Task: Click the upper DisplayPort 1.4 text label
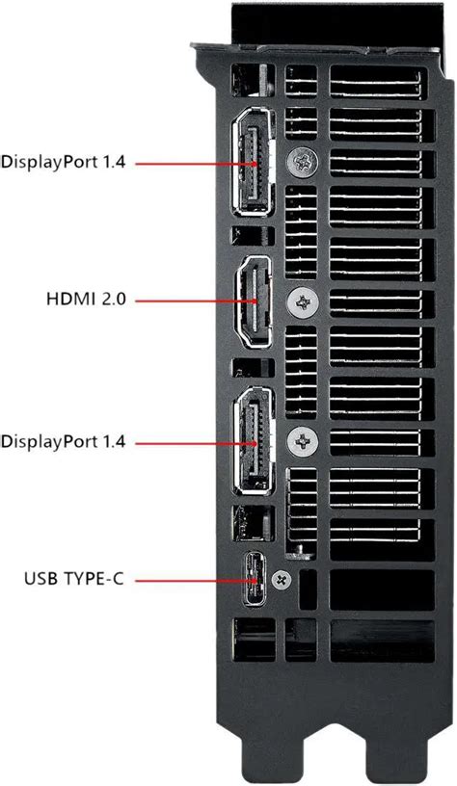64,163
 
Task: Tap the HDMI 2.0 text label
85,301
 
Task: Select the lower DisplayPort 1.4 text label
64,442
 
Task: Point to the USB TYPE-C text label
75,580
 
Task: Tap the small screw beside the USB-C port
282,580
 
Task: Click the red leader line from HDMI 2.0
193,301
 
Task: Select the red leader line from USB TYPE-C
193,580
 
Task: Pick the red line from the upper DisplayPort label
193,164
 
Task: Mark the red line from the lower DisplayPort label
193,442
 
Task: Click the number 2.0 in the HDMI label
113,301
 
